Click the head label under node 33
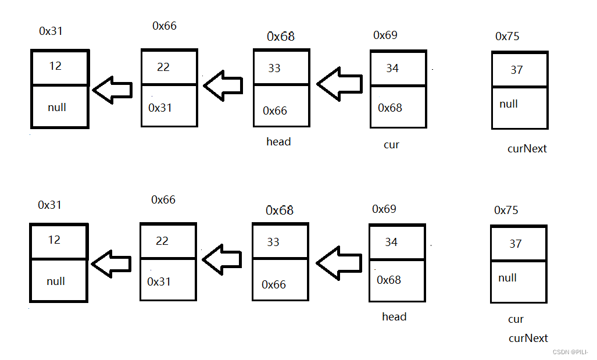click(x=278, y=141)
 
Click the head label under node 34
click(x=394, y=316)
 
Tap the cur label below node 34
click(x=391, y=144)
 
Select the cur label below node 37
click(x=516, y=319)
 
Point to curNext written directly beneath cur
click(x=528, y=338)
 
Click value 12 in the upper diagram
click(x=55, y=66)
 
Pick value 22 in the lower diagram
click(x=162, y=241)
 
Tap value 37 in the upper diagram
click(x=516, y=70)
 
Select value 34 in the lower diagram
click(x=391, y=242)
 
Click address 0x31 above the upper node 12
click(x=51, y=31)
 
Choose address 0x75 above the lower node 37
click(x=506, y=210)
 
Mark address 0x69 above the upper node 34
click(x=385, y=35)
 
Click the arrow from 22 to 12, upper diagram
click(x=113, y=90)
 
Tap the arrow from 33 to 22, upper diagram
click(x=223, y=85)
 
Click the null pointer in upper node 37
click(x=509, y=104)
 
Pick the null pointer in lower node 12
click(x=56, y=281)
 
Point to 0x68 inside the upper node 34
click(x=390, y=108)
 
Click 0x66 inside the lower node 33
click(x=274, y=284)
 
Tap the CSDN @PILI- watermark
click(x=570, y=352)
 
